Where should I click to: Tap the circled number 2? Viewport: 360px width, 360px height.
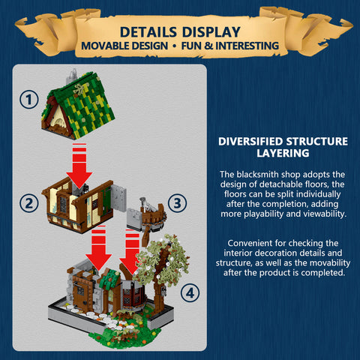(29, 202)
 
